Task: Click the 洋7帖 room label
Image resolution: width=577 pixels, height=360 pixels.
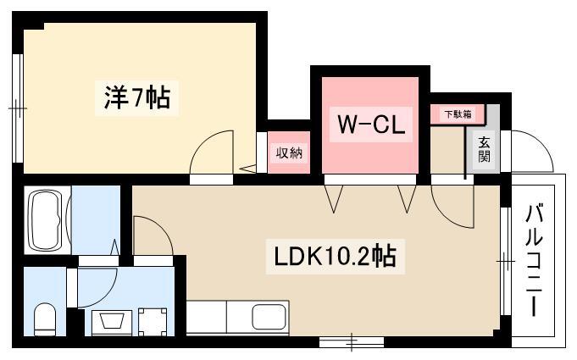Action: [x=137, y=97]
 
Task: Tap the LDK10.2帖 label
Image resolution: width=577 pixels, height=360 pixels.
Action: [x=336, y=257]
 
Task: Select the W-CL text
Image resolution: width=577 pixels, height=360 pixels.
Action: [x=371, y=125]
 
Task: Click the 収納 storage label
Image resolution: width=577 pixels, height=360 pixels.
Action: [x=289, y=152]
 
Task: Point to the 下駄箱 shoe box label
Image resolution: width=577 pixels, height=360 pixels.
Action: [x=458, y=114]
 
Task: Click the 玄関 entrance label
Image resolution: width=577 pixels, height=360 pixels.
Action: [x=485, y=149]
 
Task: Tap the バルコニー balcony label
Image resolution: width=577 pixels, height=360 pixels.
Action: [x=534, y=261]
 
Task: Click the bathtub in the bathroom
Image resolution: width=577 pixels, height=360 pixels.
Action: [x=47, y=219]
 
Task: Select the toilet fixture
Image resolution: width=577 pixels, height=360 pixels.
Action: [x=45, y=318]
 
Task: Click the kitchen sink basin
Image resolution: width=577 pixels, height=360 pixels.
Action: [x=269, y=317]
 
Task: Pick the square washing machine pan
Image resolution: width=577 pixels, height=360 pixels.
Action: [x=153, y=322]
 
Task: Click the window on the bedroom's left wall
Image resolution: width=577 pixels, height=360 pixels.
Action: [x=18, y=108]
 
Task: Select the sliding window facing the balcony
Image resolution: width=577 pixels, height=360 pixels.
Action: [x=506, y=261]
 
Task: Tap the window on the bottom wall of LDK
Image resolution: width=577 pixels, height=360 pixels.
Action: [x=352, y=342]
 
